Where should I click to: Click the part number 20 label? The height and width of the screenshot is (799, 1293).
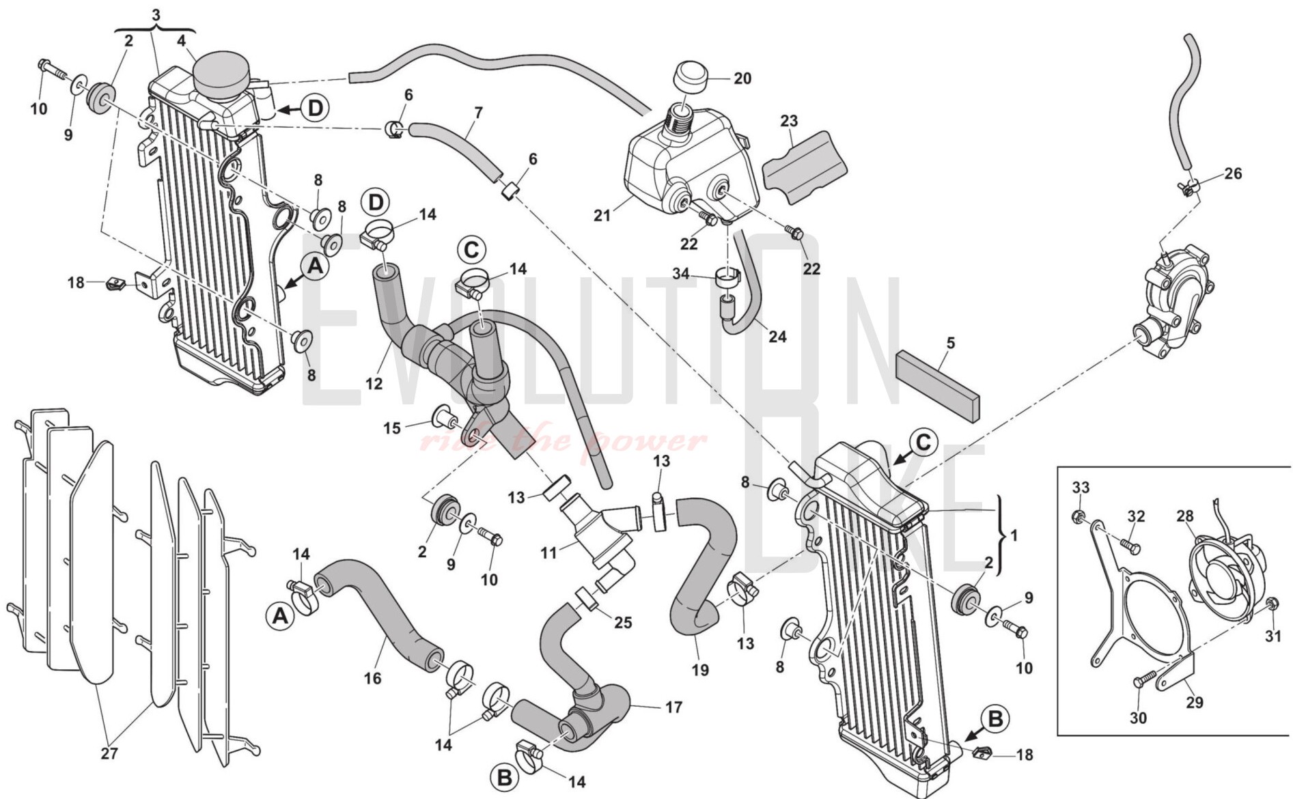(x=742, y=79)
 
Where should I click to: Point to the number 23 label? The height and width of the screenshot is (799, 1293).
(x=789, y=121)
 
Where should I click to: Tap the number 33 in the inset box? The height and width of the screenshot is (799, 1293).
(x=1081, y=488)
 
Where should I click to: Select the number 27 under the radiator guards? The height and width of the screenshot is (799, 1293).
(x=109, y=753)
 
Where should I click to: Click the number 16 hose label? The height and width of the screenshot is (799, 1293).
(x=372, y=678)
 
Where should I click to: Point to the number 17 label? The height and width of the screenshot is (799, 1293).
(x=673, y=707)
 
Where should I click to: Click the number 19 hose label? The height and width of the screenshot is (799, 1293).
(x=700, y=670)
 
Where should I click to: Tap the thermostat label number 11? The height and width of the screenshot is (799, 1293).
(x=549, y=553)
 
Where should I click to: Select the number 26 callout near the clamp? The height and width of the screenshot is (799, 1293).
(x=1233, y=173)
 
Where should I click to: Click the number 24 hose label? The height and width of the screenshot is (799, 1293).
(x=777, y=336)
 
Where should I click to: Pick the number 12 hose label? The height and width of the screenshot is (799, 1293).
(x=374, y=384)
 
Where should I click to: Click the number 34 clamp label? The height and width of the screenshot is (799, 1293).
(x=681, y=274)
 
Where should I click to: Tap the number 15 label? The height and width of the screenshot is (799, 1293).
(x=391, y=428)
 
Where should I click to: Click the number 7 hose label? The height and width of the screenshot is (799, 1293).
(x=478, y=113)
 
